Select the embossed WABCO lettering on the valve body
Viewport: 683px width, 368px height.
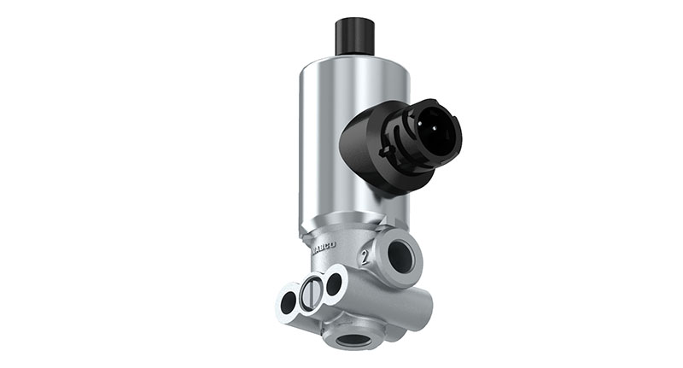[324, 247]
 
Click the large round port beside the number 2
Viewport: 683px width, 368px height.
[400, 256]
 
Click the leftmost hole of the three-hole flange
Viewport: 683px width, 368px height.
[289, 301]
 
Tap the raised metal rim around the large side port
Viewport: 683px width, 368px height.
[415, 242]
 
